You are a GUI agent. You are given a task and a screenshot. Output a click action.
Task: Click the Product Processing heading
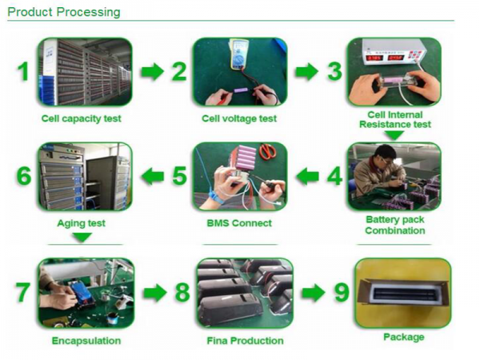(64, 12)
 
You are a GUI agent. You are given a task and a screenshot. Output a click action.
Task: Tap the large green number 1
(23, 71)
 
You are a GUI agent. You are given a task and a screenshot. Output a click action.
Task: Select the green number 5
(179, 176)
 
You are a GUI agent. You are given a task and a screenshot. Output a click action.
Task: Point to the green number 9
(342, 292)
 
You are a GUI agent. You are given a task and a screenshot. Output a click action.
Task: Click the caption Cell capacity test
(81, 118)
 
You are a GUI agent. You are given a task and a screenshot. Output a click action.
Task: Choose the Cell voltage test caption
(239, 118)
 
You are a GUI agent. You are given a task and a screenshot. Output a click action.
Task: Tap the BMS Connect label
(239, 223)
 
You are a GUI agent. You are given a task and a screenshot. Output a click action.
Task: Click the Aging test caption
(81, 223)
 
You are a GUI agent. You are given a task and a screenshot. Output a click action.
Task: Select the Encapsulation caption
(86, 341)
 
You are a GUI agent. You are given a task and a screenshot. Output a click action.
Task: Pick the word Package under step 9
(404, 337)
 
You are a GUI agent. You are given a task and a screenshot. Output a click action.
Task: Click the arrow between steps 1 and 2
(152, 72)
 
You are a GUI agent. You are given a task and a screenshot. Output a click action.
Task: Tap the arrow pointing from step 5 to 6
(153, 176)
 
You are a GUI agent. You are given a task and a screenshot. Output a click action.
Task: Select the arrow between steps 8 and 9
(313, 293)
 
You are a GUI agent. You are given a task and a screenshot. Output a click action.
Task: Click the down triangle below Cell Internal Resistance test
(394, 135)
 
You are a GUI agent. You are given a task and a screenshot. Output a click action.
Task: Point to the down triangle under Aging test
(82, 238)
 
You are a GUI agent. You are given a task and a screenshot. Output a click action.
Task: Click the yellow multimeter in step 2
(239, 54)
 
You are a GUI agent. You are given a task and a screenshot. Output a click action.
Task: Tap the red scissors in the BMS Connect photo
(267, 151)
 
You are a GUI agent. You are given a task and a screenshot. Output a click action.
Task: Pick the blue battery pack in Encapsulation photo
(81, 293)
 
